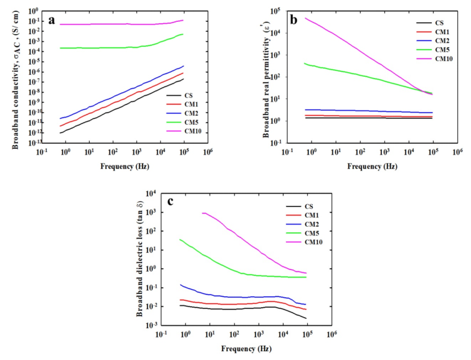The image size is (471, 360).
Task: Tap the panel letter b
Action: (293, 19)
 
